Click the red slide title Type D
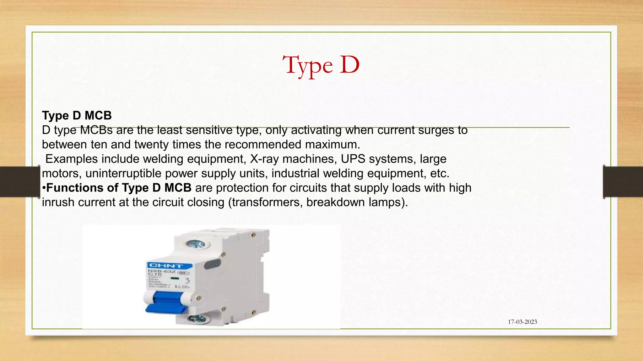pyautogui.click(x=321, y=65)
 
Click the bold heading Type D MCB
pyautogui.click(x=77, y=116)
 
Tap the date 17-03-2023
pyautogui.click(x=522, y=322)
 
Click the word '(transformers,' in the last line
pyautogui.click(x=265, y=202)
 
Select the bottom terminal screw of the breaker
pyautogui.click(x=197, y=319)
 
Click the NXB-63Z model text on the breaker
pyautogui.click(x=161, y=271)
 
